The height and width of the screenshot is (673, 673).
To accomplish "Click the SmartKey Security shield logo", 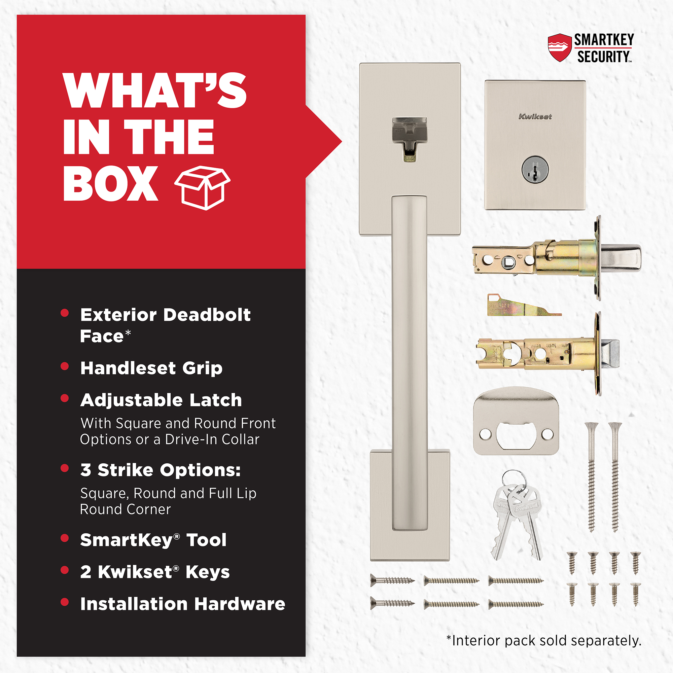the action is (560, 48).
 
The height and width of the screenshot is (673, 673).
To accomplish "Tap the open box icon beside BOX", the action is (202, 188).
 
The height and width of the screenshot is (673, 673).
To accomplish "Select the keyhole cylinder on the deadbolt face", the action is (535, 170).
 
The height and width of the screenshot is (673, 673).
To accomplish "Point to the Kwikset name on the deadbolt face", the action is (535, 117).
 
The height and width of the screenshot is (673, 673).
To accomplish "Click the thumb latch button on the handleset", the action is (410, 139).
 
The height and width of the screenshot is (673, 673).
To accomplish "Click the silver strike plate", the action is (516, 421).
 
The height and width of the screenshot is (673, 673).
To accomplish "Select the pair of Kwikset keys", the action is (517, 516).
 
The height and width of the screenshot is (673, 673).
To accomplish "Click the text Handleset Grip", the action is (151, 368).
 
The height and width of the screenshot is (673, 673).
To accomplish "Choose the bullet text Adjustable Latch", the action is (161, 400).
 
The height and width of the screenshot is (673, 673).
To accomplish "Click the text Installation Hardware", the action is (182, 604).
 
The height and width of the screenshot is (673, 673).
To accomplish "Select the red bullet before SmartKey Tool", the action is (65, 538).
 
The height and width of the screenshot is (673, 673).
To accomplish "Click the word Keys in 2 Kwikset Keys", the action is (208, 572).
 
